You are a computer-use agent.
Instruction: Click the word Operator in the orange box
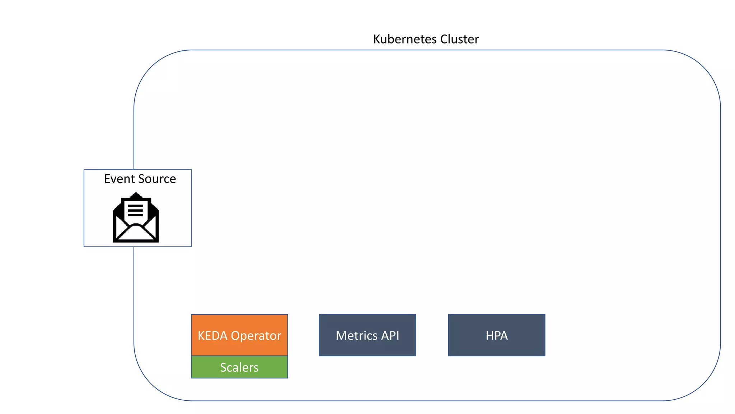pyautogui.click(x=256, y=336)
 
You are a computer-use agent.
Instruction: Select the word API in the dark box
pyautogui.click(x=390, y=336)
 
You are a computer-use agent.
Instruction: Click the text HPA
pyautogui.click(x=497, y=336)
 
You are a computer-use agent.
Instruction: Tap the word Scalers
pyautogui.click(x=239, y=367)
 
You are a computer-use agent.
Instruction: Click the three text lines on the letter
pyautogui.click(x=135, y=210)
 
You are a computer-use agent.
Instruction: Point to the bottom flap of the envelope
pyautogui.click(x=136, y=234)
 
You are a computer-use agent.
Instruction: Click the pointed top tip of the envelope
pyautogui.click(x=136, y=194)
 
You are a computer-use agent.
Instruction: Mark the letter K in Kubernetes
pyautogui.click(x=376, y=39)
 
